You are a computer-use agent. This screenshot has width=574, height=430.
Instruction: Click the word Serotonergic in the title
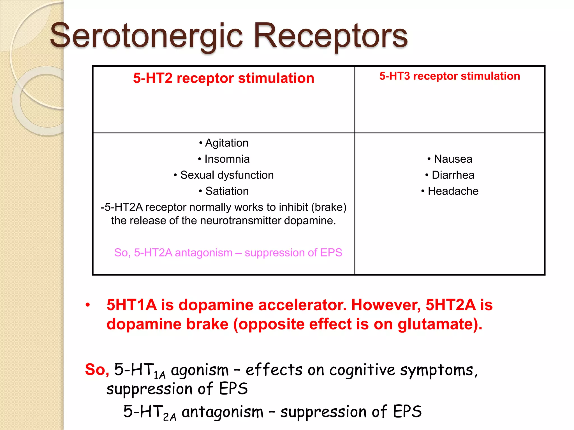click(x=146, y=36)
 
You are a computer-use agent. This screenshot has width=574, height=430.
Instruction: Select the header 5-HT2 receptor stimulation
click(x=223, y=78)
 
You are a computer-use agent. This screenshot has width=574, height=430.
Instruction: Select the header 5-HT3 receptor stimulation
click(x=450, y=76)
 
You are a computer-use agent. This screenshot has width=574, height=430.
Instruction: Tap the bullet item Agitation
click(x=226, y=143)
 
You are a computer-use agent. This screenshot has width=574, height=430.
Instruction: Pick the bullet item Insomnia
click(x=227, y=159)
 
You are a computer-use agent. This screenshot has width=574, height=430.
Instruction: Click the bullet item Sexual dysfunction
click(x=226, y=175)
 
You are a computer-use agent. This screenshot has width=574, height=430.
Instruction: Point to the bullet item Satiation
click(x=227, y=191)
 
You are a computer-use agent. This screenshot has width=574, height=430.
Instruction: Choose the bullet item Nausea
click(x=453, y=159)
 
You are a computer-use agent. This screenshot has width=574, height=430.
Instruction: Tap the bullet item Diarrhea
click(x=453, y=175)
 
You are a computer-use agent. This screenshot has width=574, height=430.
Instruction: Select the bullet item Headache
click(x=453, y=191)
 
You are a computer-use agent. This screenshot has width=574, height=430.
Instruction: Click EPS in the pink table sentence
click(x=331, y=253)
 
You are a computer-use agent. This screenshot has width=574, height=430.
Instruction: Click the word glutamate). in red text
click(x=440, y=324)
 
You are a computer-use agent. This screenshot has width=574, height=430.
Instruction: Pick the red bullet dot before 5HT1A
click(x=88, y=305)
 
